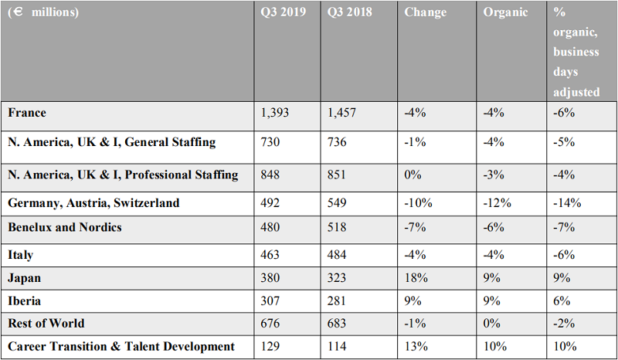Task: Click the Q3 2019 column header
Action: tap(283, 12)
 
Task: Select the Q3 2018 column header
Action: tap(350, 12)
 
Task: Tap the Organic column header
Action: tap(505, 12)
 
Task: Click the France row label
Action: tap(27, 113)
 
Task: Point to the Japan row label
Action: tap(24, 278)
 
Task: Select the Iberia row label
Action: tap(24, 301)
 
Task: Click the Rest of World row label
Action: tap(46, 324)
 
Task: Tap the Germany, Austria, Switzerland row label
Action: tap(93, 203)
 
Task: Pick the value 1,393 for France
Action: tap(275, 113)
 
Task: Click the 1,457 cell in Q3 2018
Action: tap(341, 113)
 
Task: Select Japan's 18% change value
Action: tap(416, 278)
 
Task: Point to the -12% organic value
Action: tap(497, 203)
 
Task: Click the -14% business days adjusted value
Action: tap(567, 203)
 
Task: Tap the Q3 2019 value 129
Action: tap(270, 346)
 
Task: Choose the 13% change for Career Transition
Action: tap(416, 346)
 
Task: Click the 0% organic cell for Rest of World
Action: tap(492, 324)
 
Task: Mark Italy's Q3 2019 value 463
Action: tap(270, 255)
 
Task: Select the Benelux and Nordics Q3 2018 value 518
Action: tap(337, 228)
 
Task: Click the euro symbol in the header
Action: tap(17, 12)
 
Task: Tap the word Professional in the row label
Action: tap(151, 175)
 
